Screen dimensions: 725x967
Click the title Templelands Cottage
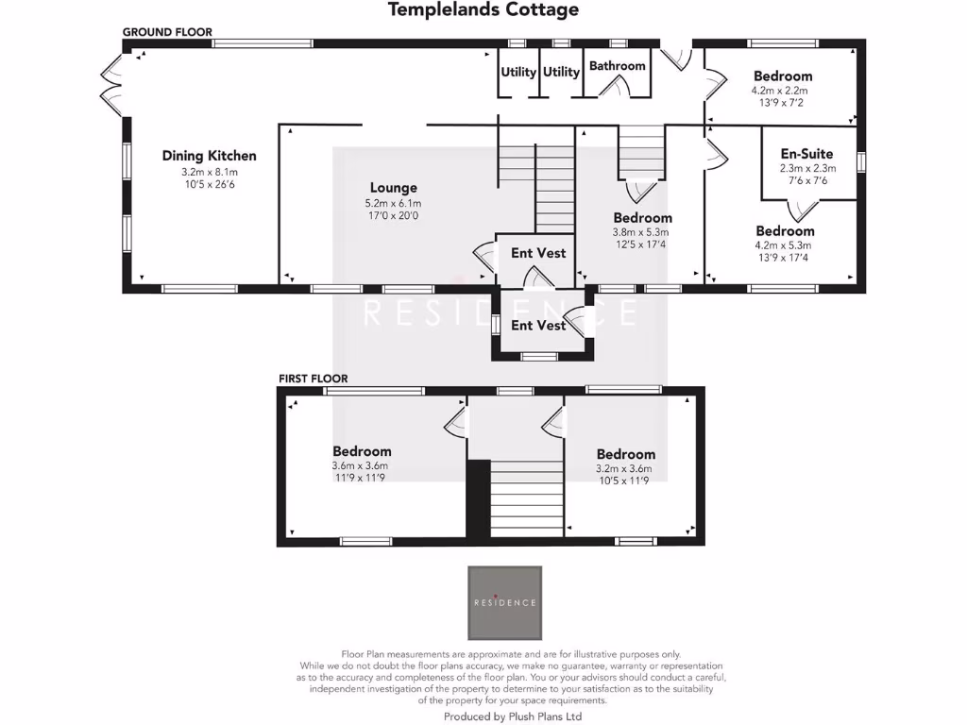[x=483, y=10]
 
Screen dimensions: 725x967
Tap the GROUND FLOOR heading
[x=167, y=32]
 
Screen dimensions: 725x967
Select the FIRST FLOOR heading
[x=313, y=379]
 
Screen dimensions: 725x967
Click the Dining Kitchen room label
[x=209, y=156]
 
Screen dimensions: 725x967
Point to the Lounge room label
[x=393, y=188]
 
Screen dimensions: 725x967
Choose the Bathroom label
[x=617, y=66]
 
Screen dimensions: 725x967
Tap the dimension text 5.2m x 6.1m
[x=393, y=203]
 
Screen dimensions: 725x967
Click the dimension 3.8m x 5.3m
[x=642, y=232]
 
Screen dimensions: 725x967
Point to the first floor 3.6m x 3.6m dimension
[x=361, y=466]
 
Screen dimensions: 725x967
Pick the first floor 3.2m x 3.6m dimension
[x=625, y=469]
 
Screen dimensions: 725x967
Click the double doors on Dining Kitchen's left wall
[x=110, y=82]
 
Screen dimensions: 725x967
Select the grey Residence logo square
[x=505, y=602]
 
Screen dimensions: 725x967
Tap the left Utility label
[x=518, y=72]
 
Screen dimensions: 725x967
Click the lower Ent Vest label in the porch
[x=538, y=326]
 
